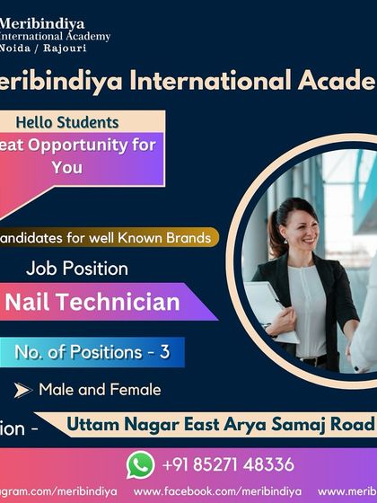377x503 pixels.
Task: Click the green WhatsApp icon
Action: click(x=140, y=463)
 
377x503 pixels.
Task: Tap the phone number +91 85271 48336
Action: click(x=228, y=464)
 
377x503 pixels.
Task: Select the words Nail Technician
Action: click(x=93, y=303)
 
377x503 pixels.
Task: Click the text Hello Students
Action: click(x=67, y=121)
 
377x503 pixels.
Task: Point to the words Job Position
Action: click(x=77, y=268)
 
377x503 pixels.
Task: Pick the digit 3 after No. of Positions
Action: click(x=164, y=352)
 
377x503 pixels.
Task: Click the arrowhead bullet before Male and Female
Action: click(x=22, y=390)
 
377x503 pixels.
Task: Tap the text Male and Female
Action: click(x=100, y=390)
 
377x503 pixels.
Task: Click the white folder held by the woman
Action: click(x=272, y=311)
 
